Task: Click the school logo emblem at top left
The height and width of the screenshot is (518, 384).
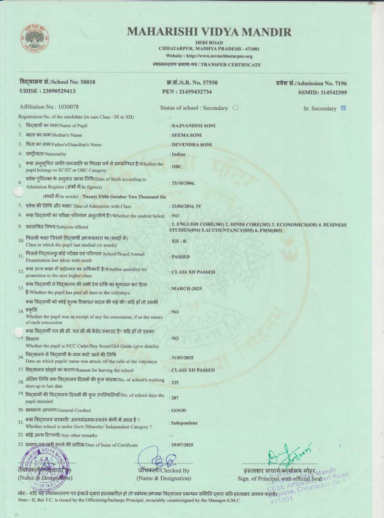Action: pos(35,38)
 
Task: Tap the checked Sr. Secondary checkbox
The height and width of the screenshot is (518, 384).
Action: pos(343,108)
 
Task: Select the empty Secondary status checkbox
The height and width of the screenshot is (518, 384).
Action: pos(235,107)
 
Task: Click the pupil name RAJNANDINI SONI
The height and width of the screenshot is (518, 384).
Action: pos(193,125)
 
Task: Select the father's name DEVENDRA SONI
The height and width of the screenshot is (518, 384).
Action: pos(192,145)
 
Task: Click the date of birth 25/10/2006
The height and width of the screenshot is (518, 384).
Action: pos(183,183)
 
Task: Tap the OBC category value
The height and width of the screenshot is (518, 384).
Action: pos(177,167)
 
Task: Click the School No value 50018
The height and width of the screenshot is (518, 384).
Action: pos(88,82)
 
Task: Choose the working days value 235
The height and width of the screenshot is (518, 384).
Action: pos(175,383)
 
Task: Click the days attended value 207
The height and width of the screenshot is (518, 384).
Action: pos(175,398)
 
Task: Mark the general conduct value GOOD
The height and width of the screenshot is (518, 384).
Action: pos(179,410)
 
